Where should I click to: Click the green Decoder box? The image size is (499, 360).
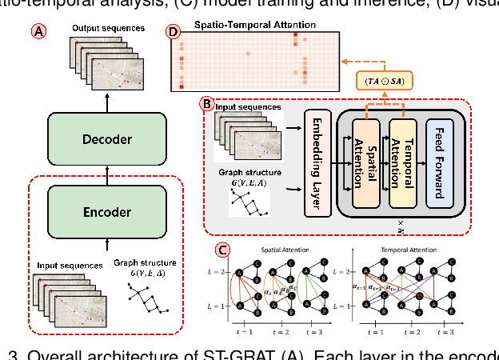tap(107, 139)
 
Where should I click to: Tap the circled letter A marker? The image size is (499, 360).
tap(38, 32)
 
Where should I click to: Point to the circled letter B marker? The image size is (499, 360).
tap(207, 103)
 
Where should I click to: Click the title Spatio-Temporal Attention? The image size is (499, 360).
tap(255, 26)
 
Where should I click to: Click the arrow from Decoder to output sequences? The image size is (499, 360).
tap(107, 102)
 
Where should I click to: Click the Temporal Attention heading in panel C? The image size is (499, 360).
tap(409, 250)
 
